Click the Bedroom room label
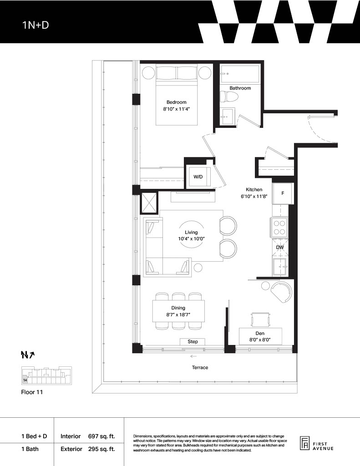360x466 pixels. [x=176, y=102]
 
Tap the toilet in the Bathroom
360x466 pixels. [x=229, y=97]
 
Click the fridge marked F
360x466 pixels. [x=283, y=193]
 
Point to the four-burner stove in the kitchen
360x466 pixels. [x=279, y=228]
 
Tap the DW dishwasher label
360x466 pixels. [x=280, y=247]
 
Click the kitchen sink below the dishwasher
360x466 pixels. [x=280, y=267]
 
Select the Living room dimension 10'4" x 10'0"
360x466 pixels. [x=192, y=238]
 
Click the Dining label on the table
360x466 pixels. [x=178, y=308]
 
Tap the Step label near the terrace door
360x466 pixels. [x=193, y=341]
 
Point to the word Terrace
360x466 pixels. [x=200, y=368]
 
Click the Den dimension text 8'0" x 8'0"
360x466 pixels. [x=260, y=339]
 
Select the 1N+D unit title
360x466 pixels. [x=35, y=25]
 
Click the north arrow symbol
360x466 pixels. [x=28, y=355]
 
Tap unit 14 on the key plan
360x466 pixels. [x=25, y=380]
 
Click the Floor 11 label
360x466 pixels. [x=32, y=392]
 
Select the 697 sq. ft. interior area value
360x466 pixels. [x=101, y=436]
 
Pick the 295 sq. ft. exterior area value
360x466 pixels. [x=101, y=449]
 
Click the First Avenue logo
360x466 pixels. [x=317, y=444]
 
